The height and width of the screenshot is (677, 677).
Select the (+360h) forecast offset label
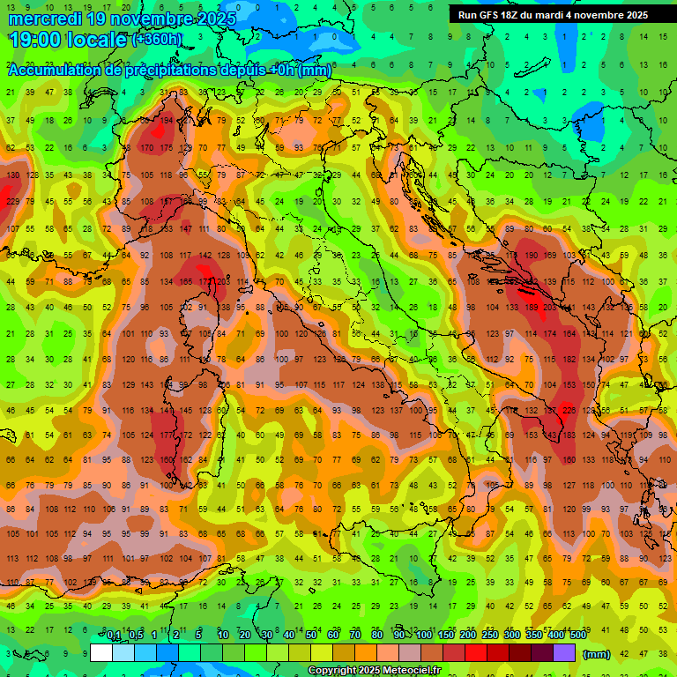click(157, 39)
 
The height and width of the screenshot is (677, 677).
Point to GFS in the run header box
click(489, 15)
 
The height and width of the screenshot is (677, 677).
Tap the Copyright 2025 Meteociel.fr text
click(376, 671)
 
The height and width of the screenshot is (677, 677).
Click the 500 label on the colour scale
click(578, 636)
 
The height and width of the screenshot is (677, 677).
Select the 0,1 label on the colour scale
click(114, 636)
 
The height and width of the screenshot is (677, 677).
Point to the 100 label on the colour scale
click(424, 636)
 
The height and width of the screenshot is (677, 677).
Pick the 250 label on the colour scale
click(490, 636)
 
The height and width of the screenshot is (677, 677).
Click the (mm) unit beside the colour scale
click(597, 654)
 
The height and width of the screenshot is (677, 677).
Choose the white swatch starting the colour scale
click(101, 653)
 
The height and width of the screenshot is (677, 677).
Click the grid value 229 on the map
click(12, 202)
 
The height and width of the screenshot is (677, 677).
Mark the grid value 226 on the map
click(569, 410)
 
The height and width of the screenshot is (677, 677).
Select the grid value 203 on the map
click(551, 308)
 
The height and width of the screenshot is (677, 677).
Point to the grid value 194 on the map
click(167, 120)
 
